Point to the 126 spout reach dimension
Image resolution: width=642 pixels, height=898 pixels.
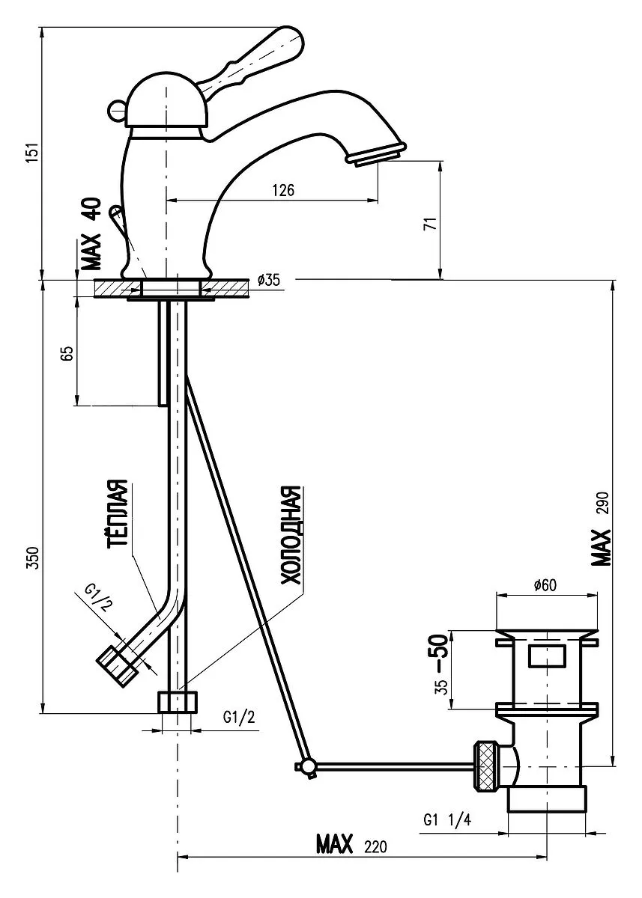282,190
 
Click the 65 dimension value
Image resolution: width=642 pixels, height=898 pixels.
65,352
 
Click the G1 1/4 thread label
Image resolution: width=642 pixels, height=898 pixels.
446,820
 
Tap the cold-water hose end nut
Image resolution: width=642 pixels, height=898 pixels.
178,703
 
